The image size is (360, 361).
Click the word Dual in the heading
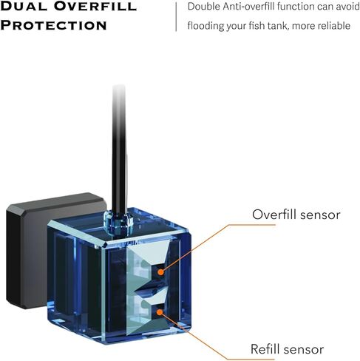24,7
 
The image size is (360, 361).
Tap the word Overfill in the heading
95,7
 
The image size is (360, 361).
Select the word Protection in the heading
53,25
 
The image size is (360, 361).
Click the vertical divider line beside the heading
176,17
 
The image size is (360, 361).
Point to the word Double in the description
204,7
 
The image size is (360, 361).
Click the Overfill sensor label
296,215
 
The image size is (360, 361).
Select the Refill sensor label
287,349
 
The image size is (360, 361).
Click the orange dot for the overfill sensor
160,272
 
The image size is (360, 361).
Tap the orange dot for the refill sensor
160,312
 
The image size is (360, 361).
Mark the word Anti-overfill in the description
248,7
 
